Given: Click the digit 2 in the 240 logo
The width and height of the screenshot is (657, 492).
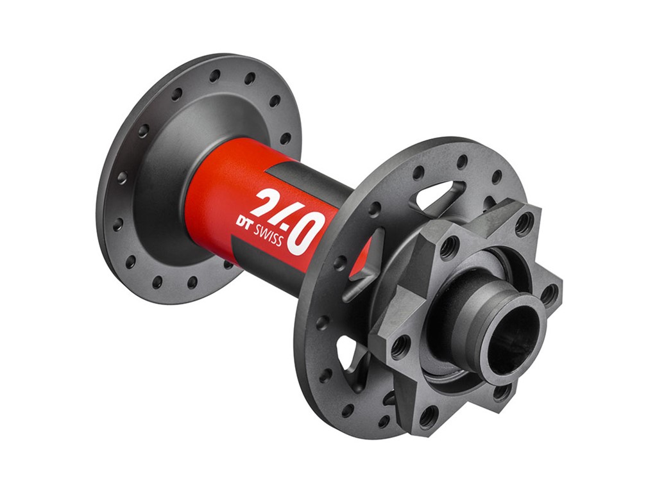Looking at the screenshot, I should (x=264, y=203).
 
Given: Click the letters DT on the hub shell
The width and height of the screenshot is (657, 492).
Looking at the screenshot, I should (x=244, y=222).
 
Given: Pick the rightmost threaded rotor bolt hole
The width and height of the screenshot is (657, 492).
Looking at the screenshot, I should (x=549, y=294).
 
